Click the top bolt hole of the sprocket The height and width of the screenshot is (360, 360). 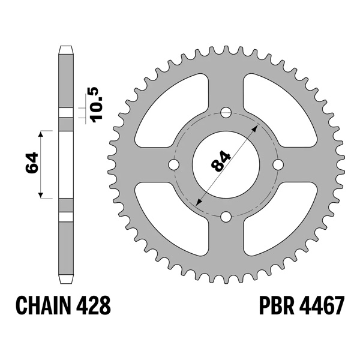click(x=226, y=112)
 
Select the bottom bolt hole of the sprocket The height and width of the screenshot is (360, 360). click(x=226, y=217)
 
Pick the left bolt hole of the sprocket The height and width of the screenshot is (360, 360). click(x=173, y=164)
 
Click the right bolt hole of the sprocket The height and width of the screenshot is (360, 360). click(x=278, y=164)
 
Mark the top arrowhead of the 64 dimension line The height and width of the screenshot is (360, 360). click(x=41, y=134)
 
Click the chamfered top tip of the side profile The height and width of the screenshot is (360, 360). click(x=66, y=48)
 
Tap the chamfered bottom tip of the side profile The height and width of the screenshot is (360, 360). click(x=66, y=280)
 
